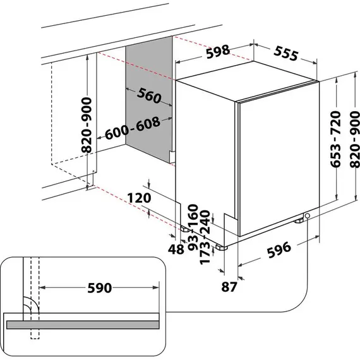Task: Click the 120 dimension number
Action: pyautogui.click(x=137, y=198)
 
